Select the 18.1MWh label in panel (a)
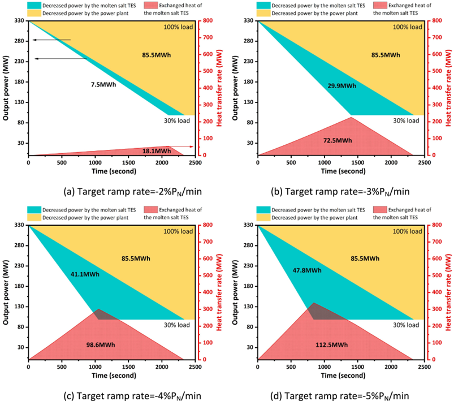pyautogui.click(x=156, y=151)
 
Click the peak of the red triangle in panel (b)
pyautogui.click(x=351, y=117)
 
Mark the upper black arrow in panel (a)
pyautogui.click(x=51, y=40)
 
